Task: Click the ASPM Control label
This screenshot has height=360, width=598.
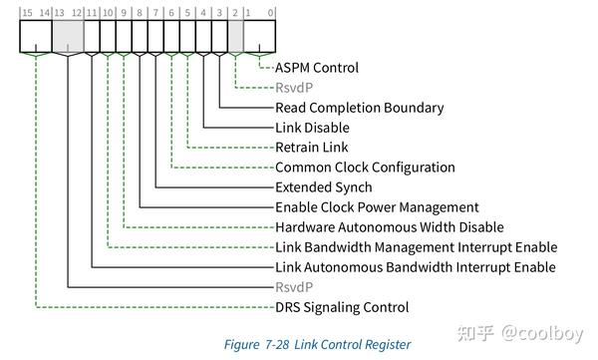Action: [x=316, y=68]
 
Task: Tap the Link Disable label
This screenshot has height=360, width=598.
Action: [x=312, y=128]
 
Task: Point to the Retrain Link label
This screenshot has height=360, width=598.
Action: [x=312, y=148]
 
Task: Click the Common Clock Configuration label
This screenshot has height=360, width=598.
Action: [x=365, y=168]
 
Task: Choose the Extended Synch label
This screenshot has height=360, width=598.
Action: [x=323, y=187]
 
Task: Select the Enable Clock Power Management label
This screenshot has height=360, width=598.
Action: [x=377, y=207]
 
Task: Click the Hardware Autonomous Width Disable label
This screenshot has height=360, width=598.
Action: [x=389, y=227]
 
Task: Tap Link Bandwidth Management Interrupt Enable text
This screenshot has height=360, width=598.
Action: [x=416, y=247]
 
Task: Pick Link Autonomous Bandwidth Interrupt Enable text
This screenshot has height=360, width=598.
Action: [x=415, y=267]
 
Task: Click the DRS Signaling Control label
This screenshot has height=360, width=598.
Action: [x=342, y=307]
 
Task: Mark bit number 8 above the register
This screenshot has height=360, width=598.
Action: [x=139, y=12]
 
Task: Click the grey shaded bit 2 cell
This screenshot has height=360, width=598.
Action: [x=235, y=38]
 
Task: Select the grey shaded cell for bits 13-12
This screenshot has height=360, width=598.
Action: [x=67, y=38]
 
